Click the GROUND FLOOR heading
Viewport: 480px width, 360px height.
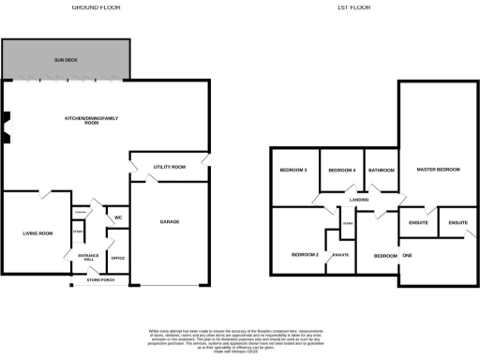click(x=97, y=7)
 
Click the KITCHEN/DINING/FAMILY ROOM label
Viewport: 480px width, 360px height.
click(x=94, y=121)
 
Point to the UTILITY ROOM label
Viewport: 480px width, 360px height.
click(x=170, y=167)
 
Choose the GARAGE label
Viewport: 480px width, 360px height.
click(x=169, y=222)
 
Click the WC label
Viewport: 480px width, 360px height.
click(x=118, y=217)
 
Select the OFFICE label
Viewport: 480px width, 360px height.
click(x=118, y=257)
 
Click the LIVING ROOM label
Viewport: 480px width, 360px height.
click(x=37, y=232)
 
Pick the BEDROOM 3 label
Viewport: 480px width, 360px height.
click(x=293, y=170)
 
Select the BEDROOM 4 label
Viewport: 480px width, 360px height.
click(x=341, y=170)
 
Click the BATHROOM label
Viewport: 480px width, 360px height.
click(x=382, y=170)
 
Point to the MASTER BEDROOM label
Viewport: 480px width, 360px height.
click(x=438, y=170)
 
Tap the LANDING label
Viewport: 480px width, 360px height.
click(x=358, y=200)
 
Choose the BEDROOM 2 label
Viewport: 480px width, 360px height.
click(x=305, y=255)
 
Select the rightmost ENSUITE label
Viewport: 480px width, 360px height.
click(x=458, y=222)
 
